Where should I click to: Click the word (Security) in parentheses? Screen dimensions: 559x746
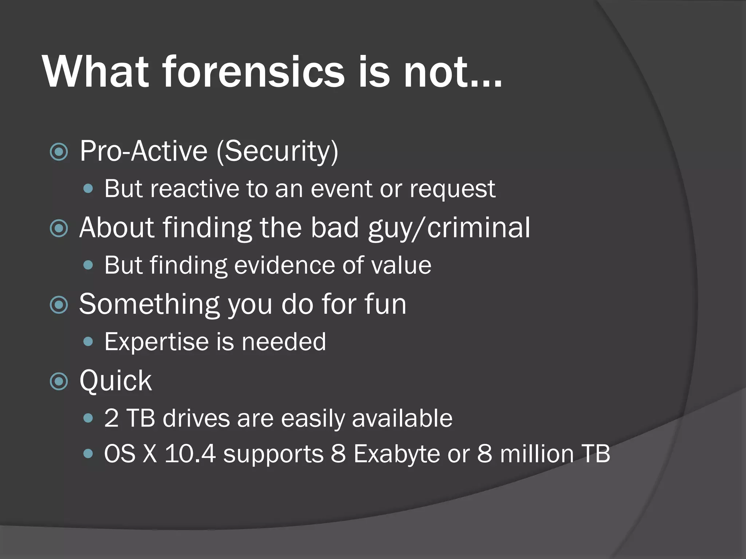pos(278,151)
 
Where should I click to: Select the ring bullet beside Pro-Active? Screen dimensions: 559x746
pos(59,152)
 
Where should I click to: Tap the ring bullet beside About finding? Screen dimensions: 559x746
pos(59,228)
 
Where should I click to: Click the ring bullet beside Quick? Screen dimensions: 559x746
pos(59,381)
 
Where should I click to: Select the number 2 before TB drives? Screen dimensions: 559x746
pos(111,419)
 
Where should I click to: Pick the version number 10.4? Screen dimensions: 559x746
pos(190,454)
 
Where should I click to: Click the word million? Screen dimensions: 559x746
pos(537,454)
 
